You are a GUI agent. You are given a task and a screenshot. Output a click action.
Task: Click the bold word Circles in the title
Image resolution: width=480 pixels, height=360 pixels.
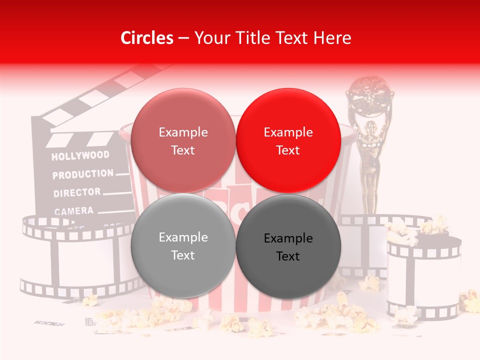tap(147, 38)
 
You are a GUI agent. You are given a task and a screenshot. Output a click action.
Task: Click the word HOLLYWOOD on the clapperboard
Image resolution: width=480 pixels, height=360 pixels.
tap(80, 155)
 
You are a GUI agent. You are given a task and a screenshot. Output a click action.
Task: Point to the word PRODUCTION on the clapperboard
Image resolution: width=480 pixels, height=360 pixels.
tap(83, 174)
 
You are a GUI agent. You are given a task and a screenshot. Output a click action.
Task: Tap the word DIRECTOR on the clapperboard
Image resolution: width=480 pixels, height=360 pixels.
tap(77, 192)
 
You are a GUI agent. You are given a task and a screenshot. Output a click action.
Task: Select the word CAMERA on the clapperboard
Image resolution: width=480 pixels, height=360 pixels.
tap(74, 211)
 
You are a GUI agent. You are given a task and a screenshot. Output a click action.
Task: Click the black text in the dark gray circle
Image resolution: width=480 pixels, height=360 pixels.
tap(288, 247)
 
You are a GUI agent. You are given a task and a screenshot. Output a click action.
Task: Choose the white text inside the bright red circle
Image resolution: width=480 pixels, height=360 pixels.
tap(288, 141)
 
